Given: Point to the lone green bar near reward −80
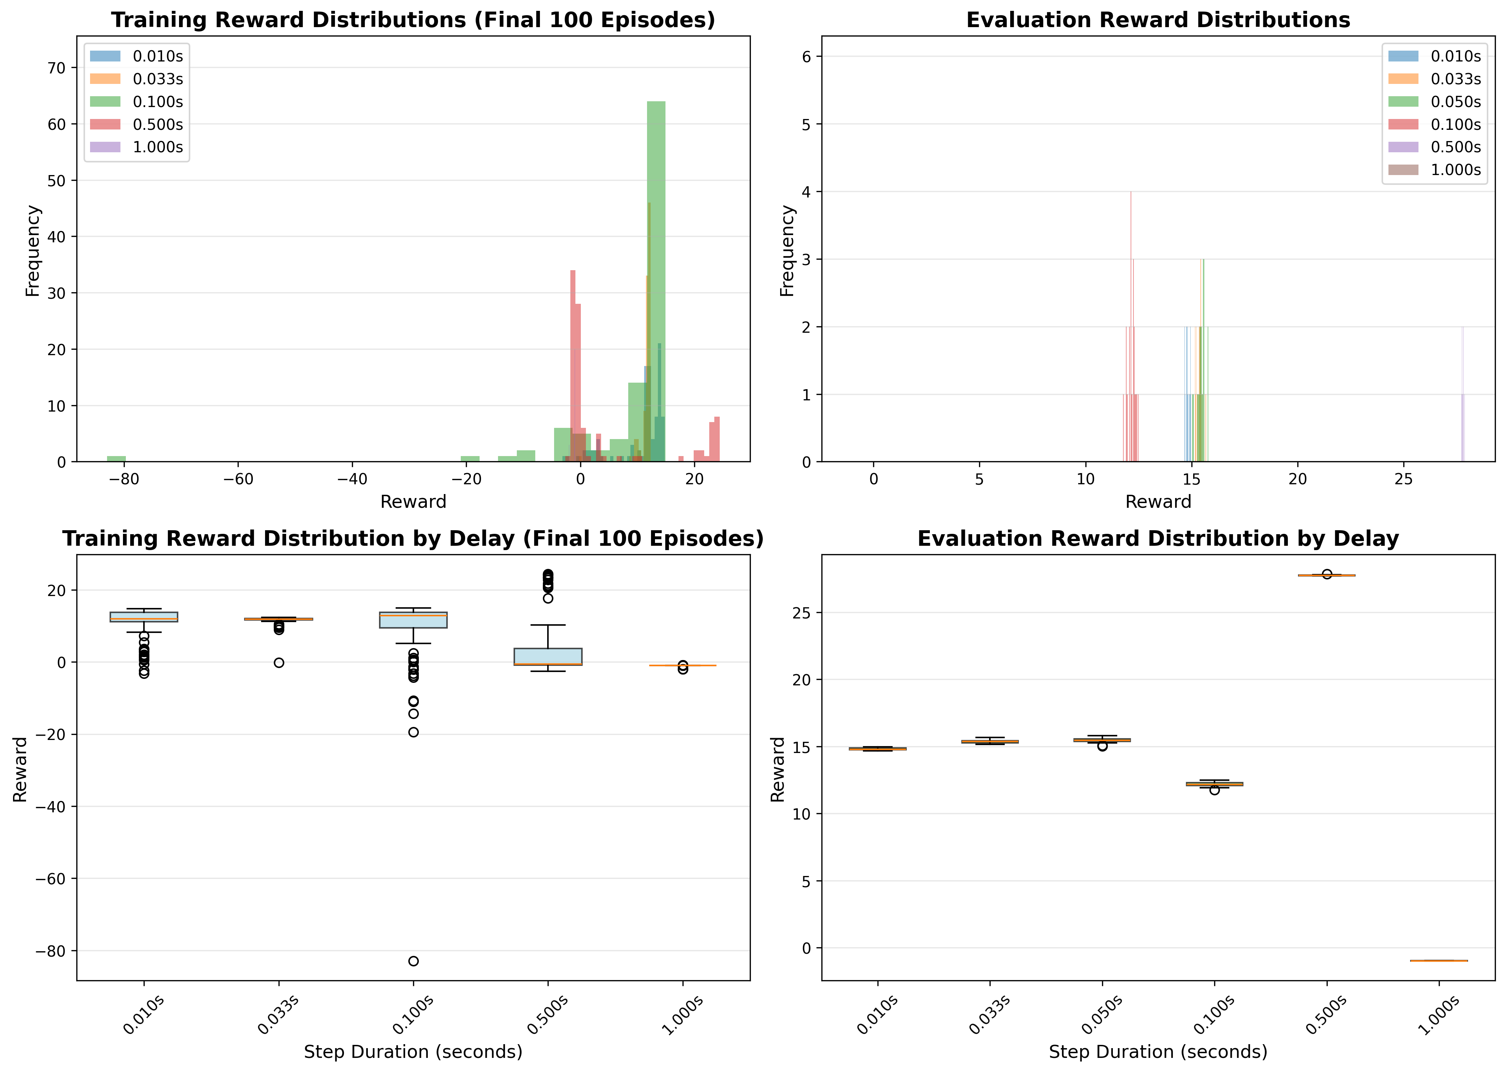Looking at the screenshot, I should pyautogui.click(x=116, y=459).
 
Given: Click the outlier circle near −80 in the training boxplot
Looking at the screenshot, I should pyautogui.click(x=413, y=961).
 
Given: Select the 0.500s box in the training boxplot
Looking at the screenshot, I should pyautogui.click(x=548, y=657).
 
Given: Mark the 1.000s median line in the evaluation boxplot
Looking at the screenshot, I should pyautogui.click(x=1439, y=961).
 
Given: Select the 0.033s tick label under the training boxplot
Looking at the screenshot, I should pyautogui.click(x=278, y=1015).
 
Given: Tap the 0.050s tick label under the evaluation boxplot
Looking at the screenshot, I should pyautogui.click(x=1102, y=1015).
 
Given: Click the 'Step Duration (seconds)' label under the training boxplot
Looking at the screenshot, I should pyautogui.click(x=413, y=1051).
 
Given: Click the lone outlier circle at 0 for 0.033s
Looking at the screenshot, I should pyautogui.click(x=279, y=663).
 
